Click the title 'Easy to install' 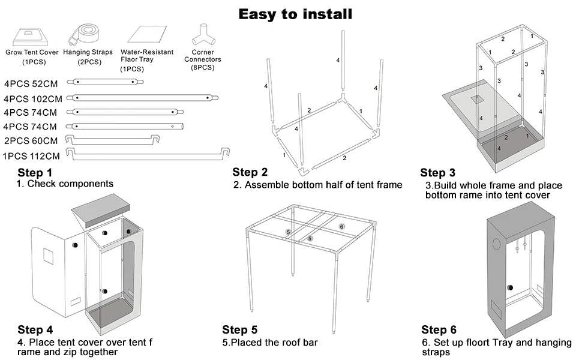(x=295, y=13)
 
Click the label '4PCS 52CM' (x=31, y=83)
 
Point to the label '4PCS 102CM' (x=33, y=98)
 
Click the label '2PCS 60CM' (x=31, y=141)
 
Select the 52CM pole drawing (x=109, y=81)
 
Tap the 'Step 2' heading (x=250, y=173)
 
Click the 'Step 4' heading (x=35, y=330)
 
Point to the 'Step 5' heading (x=239, y=330)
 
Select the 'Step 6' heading (x=439, y=330)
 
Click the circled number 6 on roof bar (x=341, y=227)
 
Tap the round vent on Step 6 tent (x=497, y=244)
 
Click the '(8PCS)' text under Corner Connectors (x=202, y=68)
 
